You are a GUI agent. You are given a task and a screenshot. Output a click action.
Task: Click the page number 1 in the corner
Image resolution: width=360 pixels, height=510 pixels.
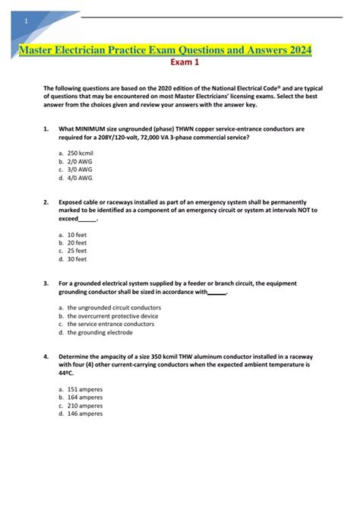point(27,21)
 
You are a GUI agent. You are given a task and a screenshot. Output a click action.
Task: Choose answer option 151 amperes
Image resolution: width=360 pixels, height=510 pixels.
point(85,389)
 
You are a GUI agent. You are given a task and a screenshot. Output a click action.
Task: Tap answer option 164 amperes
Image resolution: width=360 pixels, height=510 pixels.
point(85,398)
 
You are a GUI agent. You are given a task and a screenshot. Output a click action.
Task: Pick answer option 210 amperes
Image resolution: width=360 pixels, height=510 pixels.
point(85,406)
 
